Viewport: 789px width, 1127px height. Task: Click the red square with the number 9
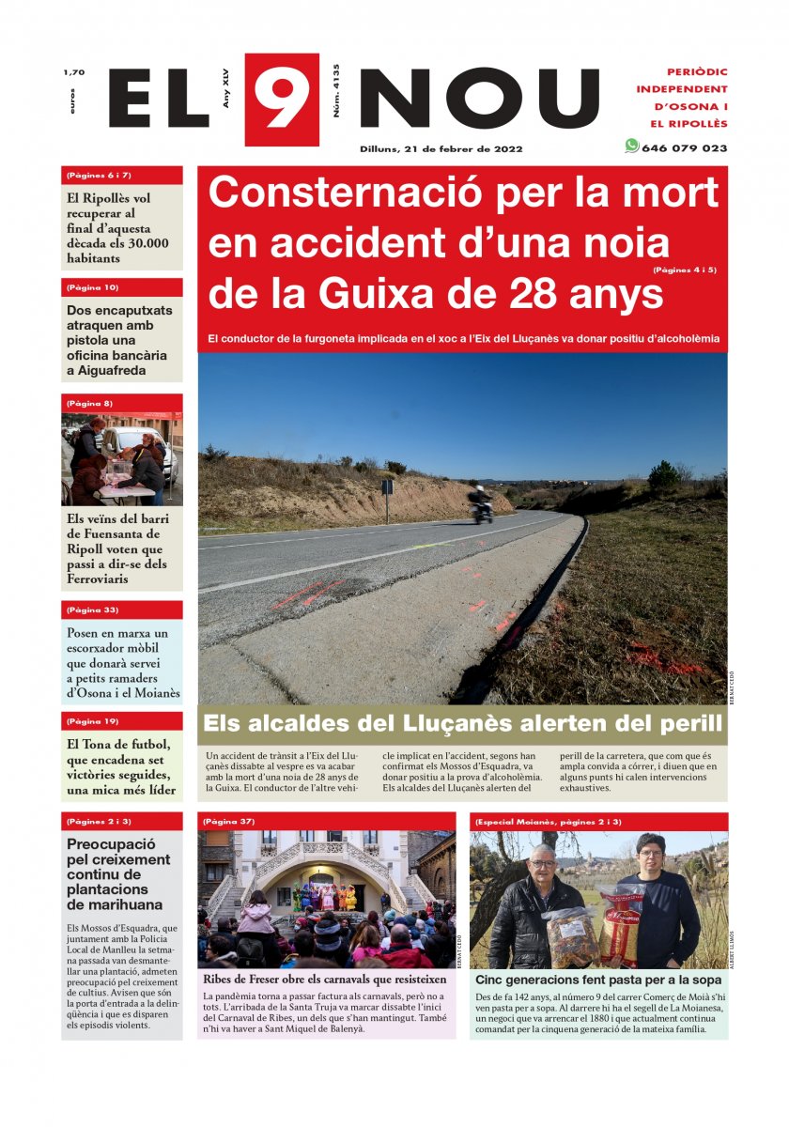click(282, 99)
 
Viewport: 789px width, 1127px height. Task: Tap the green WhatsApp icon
click(631, 146)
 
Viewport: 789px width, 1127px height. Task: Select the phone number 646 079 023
click(684, 148)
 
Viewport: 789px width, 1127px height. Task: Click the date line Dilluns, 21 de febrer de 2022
click(441, 148)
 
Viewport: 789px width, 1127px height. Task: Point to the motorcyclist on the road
click(481, 503)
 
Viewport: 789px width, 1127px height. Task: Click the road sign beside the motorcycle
click(386, 487)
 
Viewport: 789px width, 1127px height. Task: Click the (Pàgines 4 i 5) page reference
click(685, 270)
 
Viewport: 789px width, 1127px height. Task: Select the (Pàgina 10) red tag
click(93, 287)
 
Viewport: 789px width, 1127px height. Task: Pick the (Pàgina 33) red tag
click(93, 610)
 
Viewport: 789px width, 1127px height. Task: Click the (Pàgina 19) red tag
click(93, 721)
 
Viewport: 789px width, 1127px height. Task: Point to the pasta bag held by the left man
click(570, 934)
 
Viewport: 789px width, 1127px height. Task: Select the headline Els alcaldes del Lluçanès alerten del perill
click(462, 724)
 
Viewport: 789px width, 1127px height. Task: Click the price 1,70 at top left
click(74, 72)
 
